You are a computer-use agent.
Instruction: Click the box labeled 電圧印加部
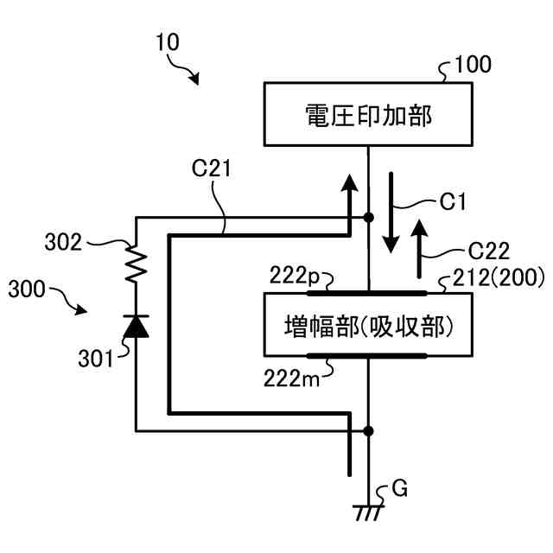(x=368, y=114)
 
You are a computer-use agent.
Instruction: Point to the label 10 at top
(x=168, y=42)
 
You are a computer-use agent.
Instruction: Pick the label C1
(x=453, y=202)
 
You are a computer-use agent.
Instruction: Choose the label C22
(x=489, y=250)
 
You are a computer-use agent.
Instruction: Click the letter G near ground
(x=399, y=490)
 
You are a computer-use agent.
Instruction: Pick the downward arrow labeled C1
(x=391, y=212)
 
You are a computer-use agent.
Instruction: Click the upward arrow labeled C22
(x=420, y=250)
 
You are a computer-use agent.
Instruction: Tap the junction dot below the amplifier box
(x=369, y=430)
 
